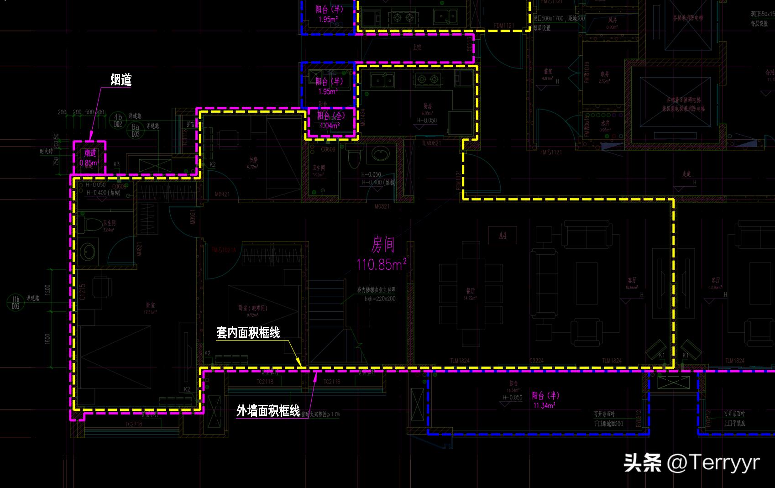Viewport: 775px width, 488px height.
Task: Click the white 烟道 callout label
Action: point(121,80)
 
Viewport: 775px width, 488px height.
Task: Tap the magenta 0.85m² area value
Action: point(89,163)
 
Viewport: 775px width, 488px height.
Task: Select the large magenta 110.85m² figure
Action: point(381,264)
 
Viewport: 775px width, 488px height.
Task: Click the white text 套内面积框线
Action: point(248,333)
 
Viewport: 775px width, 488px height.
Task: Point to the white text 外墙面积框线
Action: point(268,411)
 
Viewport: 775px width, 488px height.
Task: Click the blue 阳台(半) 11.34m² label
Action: point(545,400)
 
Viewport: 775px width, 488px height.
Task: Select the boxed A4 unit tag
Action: point(503,236)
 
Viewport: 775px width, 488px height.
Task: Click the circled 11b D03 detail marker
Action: point(16,302)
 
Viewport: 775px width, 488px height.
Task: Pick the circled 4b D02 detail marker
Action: point(118,121)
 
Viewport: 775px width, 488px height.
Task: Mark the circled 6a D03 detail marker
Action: point(136,131)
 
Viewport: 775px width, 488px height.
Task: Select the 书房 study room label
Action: point(252,160)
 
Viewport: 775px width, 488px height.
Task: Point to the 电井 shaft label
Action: point(605,74)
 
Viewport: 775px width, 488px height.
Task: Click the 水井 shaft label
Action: point(605,123)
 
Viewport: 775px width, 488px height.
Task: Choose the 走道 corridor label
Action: point(686,174)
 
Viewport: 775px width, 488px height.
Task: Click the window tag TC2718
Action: point(134,424)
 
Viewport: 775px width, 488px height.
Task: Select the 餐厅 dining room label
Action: point(470,291)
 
